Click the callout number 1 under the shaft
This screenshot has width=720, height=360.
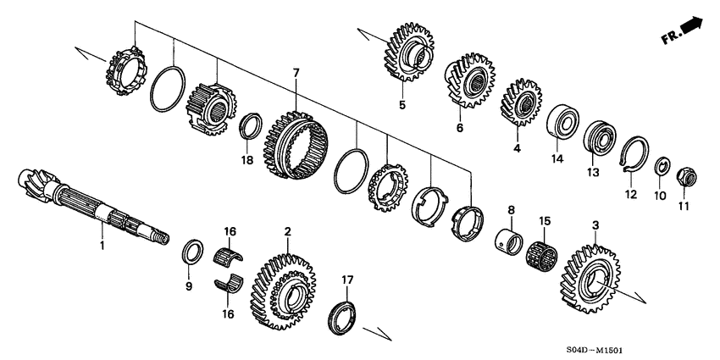click(102, 246)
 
